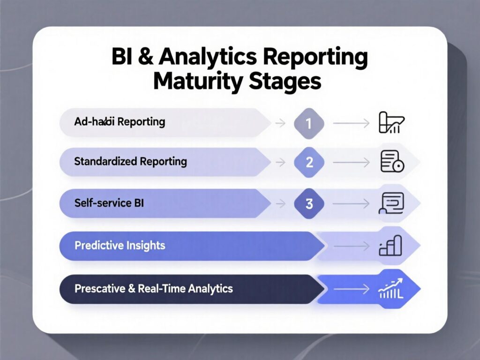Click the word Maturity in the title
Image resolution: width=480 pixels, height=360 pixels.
point(194,81)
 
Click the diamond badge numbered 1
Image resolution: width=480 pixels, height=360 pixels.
point(309,123)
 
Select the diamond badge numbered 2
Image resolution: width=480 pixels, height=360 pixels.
point(309,162)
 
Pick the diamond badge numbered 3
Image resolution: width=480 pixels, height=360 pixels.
point(309,203)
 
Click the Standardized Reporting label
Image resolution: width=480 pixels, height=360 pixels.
point(130,162)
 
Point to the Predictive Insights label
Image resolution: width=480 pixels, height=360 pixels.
point(120,245)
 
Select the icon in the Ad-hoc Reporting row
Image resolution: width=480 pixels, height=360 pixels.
point(391,123)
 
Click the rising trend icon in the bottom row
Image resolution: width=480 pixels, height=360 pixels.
point(391,287)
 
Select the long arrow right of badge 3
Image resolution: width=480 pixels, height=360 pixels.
point(352,204)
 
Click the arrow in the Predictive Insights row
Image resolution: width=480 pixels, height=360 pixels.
point(352,246)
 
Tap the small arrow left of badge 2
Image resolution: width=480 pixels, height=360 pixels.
point(280,163)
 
